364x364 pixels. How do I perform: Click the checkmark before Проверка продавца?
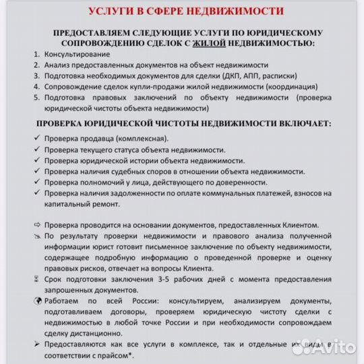pos(35,138)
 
